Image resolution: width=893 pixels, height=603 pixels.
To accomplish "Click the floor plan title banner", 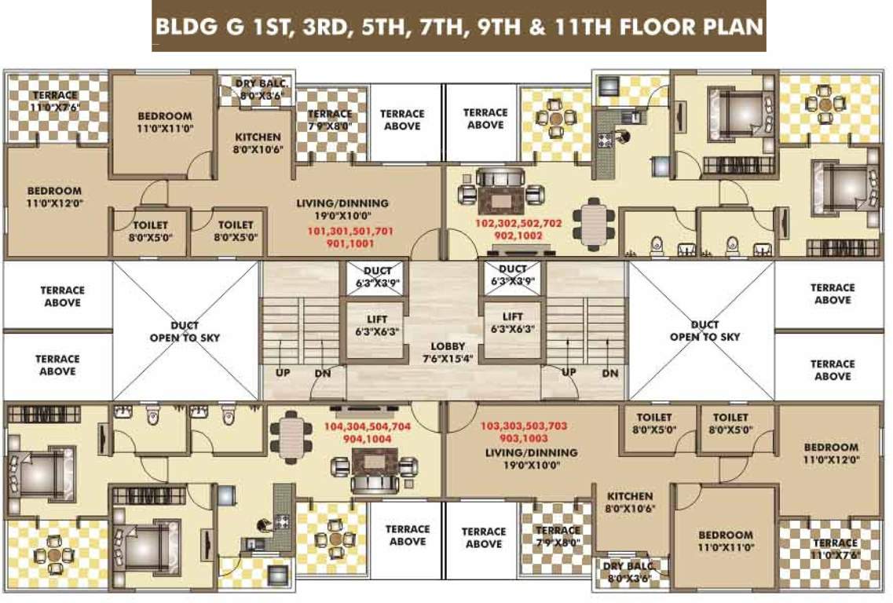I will [x=459, y=27].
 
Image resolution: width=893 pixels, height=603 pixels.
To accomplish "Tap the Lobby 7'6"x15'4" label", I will [x=448, y=353].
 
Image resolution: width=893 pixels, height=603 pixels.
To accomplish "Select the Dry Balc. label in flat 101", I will [x=253, y=90].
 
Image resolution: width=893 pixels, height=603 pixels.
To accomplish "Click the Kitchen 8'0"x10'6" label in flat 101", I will [x=258, y=142].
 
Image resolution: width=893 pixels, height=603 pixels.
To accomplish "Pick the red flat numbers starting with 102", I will [x=519, y=228].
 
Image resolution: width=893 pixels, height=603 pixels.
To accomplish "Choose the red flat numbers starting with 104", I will [x=367, y=433].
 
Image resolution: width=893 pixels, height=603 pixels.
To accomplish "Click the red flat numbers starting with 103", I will [x=523, y=431].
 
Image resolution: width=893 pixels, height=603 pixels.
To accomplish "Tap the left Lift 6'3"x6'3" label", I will [x=376, y=325].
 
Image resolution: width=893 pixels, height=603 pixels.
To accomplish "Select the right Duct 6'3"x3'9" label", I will [x=513, y=275].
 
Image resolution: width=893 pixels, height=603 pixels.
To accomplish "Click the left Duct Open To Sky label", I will [x=185, y=331].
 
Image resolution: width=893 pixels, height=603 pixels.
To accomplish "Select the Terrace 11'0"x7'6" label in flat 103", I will [x=834, y=548].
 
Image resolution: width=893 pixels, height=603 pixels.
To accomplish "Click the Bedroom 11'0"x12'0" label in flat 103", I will [x=830, y=453].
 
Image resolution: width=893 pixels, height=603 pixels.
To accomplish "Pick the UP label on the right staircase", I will [x=569, y=371].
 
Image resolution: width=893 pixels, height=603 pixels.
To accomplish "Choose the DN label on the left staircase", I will [x=323, y=374].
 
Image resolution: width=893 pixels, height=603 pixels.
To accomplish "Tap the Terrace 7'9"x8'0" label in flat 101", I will [x=330, y=119].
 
